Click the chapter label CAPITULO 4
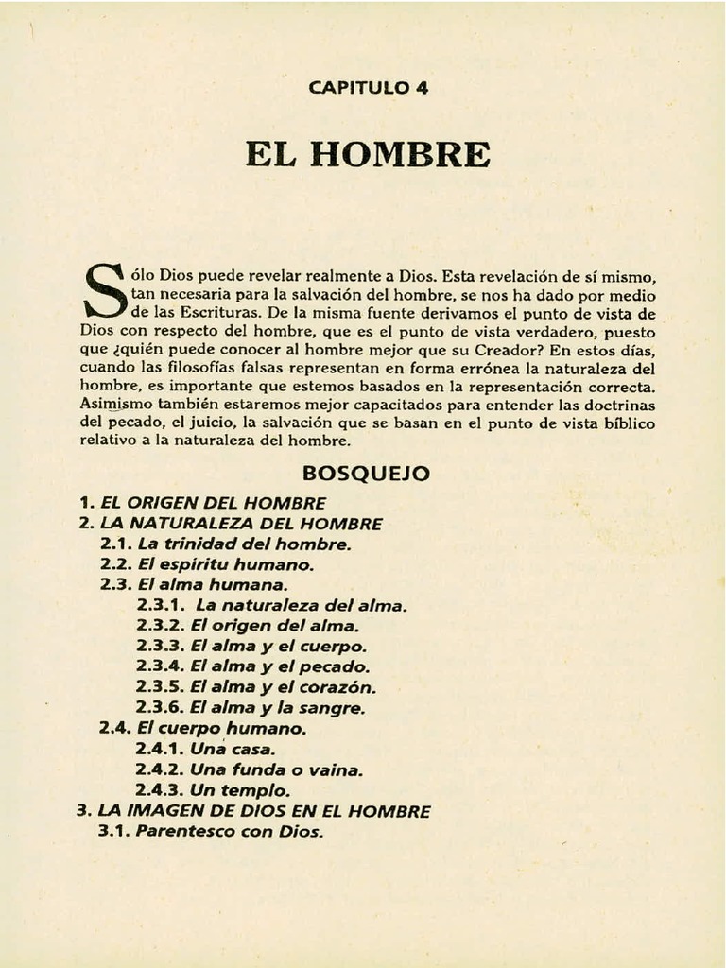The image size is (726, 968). (369, 89)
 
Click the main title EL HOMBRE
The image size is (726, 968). (369, 153)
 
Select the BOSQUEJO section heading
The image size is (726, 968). (367, 473)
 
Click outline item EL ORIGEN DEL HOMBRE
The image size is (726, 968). (213, 503)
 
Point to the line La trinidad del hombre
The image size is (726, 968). (244, 544)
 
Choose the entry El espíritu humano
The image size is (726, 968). (238, 564)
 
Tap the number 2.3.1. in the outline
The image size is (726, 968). (161, 606)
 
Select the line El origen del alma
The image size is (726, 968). (274, 626)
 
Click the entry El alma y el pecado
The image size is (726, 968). (280, 667)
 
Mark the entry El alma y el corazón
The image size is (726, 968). (283, 687)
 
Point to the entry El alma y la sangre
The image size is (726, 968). (277, 708)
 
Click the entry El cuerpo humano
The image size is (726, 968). (221, 729)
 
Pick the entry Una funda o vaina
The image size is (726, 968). (276, 769)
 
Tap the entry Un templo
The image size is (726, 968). (240, 790)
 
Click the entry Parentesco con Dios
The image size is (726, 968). (230, 833)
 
